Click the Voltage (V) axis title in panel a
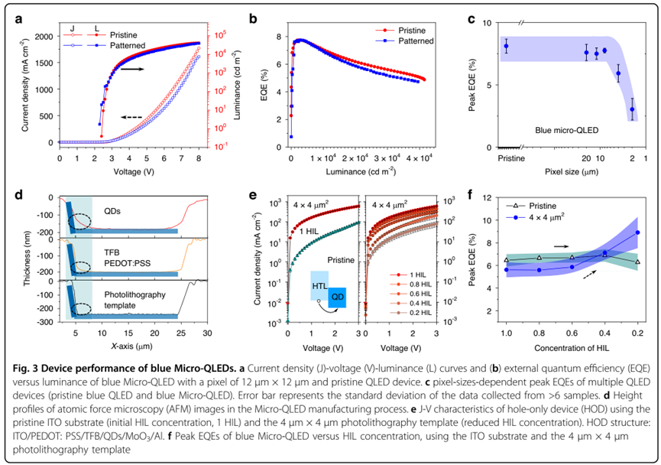(131, 171)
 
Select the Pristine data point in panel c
(506, 47)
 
